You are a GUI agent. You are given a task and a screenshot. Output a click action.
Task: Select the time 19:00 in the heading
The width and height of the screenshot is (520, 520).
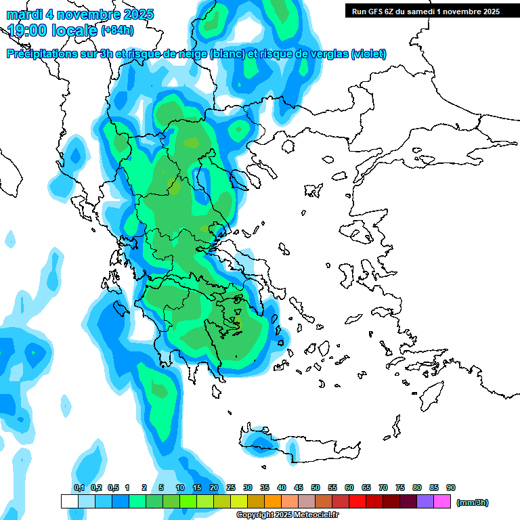coord(29,30)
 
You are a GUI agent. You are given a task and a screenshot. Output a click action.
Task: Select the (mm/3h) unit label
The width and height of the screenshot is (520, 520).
coord(472,502)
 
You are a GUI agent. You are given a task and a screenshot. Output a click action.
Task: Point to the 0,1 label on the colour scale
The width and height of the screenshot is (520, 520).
coord(79,487)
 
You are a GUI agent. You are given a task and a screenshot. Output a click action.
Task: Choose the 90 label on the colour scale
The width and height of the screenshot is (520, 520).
coord(451,487)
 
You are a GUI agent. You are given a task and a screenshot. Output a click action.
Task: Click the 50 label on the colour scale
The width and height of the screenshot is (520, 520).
coord(316,487)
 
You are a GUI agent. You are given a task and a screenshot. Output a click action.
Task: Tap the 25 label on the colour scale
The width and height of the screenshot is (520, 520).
coord(231,487)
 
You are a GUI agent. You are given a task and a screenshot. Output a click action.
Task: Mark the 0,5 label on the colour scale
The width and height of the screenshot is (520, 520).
coord(112,487)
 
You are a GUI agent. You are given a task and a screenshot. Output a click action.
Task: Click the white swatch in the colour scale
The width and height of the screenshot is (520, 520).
coord(70,501)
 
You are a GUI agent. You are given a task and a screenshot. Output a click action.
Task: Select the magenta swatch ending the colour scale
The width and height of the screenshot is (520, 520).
coord(442,501)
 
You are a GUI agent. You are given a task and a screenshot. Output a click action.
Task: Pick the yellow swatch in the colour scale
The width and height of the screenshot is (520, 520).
coord(239,501)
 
